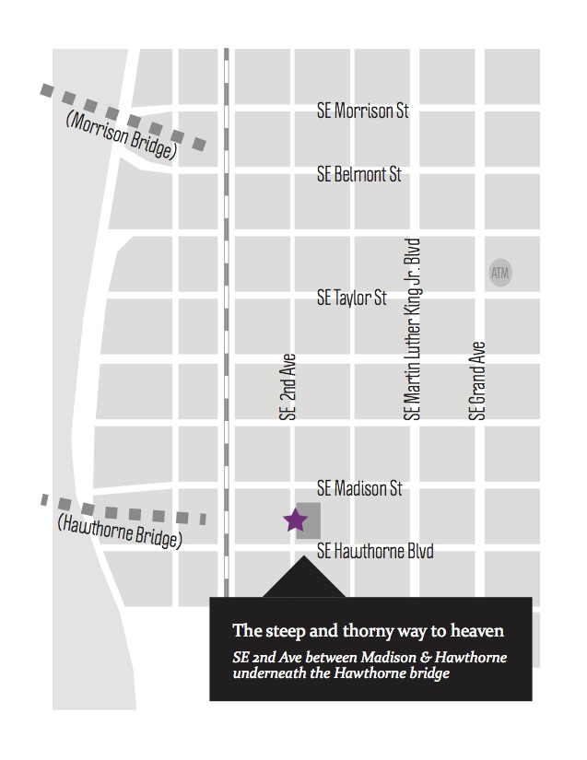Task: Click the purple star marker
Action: coord(295,520)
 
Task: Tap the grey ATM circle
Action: coord(499,273)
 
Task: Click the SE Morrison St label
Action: coord(362,112)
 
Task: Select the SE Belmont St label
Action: coord(358,173)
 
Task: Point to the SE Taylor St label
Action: coord(351,298)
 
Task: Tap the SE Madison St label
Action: coord(358,488)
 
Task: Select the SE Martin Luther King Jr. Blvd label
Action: coord(413,330)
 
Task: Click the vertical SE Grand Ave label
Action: coord(476,381)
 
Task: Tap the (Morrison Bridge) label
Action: coord(121,136)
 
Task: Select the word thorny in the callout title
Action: coord(348,632)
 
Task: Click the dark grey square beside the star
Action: coord(310,520)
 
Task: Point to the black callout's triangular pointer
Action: coord(304,580)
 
